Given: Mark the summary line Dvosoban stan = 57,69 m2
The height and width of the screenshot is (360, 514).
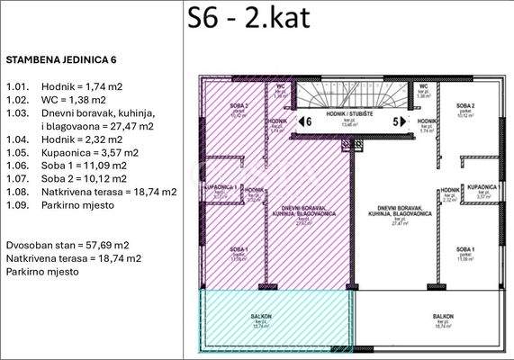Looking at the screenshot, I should [67, 245].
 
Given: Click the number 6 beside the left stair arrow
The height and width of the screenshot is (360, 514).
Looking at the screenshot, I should [308, 120].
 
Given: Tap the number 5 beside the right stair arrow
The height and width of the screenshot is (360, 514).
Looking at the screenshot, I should [393, 120].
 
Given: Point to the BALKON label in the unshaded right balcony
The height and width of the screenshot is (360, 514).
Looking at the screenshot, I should [442, 316].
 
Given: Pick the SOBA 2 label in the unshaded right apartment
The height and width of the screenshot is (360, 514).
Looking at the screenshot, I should [465, 107].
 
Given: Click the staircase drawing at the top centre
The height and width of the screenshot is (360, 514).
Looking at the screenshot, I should [351, 94].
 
